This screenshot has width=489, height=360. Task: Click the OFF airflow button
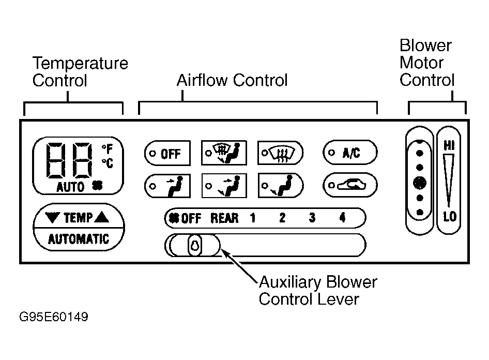click(167, 154)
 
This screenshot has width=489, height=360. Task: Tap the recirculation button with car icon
click(350, 185)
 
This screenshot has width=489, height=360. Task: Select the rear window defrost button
click(281, 153)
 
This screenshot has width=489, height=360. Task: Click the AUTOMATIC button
click(79, 239)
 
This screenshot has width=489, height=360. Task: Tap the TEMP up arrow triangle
click(102, 218)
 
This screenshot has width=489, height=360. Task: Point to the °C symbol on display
click(107, 163)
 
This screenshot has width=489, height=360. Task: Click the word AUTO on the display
click(70, 187)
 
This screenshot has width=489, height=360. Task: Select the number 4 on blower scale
click(342, 218)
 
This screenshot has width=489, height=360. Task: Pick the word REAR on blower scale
click(224, 218)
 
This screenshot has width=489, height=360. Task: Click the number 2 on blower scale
click(282, 218)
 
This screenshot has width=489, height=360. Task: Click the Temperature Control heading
click(80, 72)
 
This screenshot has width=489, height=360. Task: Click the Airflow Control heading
click(232, 80)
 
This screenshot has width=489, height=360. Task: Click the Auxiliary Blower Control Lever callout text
click(318, 291)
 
